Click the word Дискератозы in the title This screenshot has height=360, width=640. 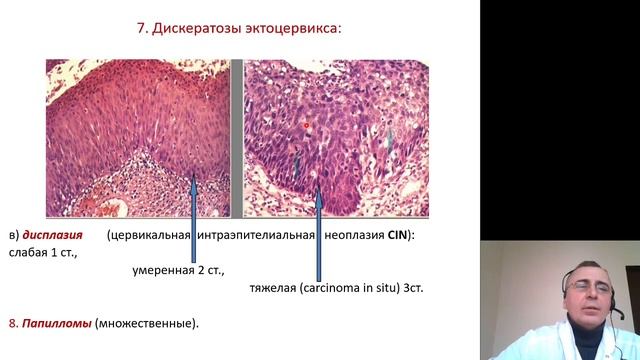pos(202,27)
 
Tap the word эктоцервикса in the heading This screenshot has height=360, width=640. pos(293,27)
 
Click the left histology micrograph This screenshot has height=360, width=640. pos(138,137)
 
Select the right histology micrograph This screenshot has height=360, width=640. pos(336,137)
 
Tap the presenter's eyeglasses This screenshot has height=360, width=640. pos(583,289)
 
